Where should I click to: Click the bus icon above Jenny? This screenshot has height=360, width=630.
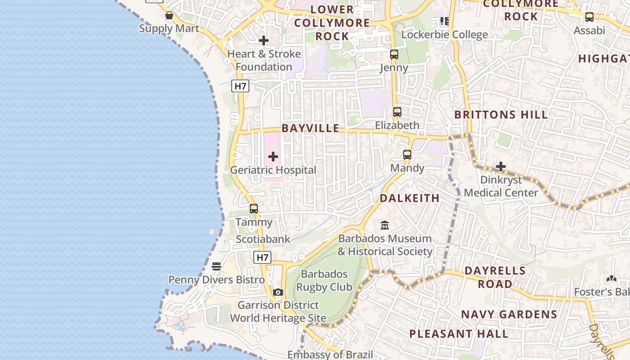[x=394, y=54]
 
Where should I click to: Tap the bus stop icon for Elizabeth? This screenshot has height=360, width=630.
[x=397, y=112]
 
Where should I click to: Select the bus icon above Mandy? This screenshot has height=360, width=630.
[x=407, y=155]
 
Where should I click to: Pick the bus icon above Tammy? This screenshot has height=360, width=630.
[x=254, y=209]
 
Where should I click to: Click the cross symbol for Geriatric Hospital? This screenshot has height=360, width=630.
[x=273, y=157]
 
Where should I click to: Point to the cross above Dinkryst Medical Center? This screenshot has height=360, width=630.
[x=500, y=167]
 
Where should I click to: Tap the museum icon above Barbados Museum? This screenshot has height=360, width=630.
[x=385, y=225]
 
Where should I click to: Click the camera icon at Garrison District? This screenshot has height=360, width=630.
[x=278, y=292]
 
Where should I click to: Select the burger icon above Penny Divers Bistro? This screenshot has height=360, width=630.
[x=216, y=266]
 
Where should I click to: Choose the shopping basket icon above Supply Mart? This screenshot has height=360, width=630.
[x=169, y=16]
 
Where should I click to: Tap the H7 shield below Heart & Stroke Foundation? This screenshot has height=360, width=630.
[x=240, y=86]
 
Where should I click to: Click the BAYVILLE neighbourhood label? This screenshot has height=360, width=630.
[x=310, y=128]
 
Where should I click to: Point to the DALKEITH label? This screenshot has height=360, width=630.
[x=409, y=198]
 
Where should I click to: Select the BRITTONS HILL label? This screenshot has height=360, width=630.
[x=501, y=115]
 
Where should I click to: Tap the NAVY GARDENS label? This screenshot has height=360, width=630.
[x=509, y=314]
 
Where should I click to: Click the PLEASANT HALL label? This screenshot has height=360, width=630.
[x=459, y=334]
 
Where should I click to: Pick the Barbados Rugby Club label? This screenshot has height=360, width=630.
[x=324, y=280]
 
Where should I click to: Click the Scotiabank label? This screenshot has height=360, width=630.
[x=263, y=239]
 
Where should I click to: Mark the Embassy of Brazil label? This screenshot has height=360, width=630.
[x=330, y=355]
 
